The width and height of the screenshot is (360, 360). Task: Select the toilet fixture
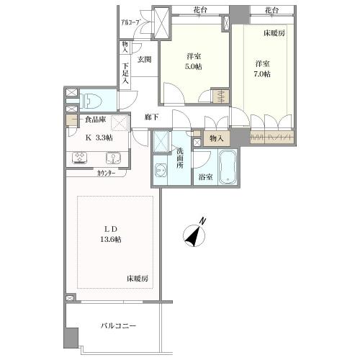pos(91,100)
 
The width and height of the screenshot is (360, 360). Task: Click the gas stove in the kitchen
pos(80,157)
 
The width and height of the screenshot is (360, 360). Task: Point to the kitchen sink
pos(113,157)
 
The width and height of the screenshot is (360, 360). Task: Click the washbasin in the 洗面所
pos(160,170)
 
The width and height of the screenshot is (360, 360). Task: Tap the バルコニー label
pos(118,326)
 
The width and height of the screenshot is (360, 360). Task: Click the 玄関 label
pos(144,60)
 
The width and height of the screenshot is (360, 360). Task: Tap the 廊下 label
pos(151,117)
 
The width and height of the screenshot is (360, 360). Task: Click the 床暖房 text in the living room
pos(138,278)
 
